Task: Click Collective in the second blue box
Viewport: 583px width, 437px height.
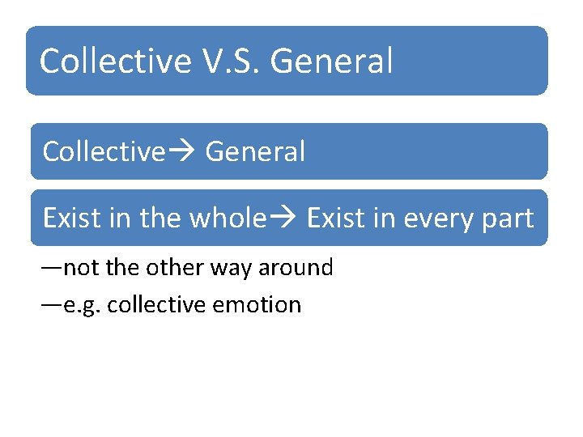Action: tap(103, 151)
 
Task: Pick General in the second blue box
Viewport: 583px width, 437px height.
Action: tap(255, 151)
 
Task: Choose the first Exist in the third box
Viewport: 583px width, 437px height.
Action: tap(71, 218)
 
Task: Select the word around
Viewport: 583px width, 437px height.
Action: tap(296, 268)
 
